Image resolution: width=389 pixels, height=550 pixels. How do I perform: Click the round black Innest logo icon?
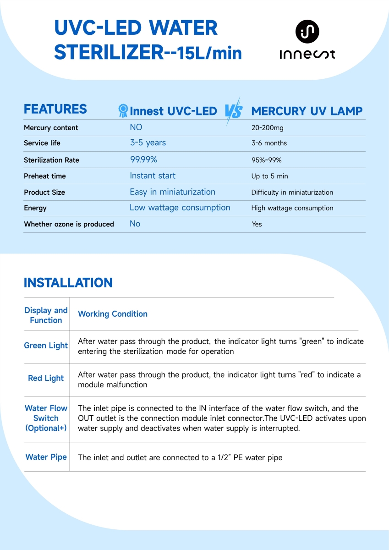pyautogui.click(x=307, y=32)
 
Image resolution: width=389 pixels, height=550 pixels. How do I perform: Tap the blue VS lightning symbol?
pyautogui.click(x=233, y=111)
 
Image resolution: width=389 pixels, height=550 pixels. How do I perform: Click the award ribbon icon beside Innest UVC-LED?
pyautogui.click(x=123, y=110)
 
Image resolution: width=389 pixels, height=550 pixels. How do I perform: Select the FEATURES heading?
pyautogui.click(x=55, y=109)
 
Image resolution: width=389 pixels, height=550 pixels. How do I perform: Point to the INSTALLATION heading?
pyautogui.click(x=68, y=282)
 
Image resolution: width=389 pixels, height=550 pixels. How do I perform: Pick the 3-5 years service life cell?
pyautogui.click(x=148, y=143)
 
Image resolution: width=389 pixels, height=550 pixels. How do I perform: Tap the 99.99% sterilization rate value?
pyautogui.click(x=143, y=159)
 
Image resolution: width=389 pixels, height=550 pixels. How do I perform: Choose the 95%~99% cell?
pyautogui.click(x=266, y=160)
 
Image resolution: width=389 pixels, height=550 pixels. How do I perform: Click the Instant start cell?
pyautogui.click(x=152, y=176)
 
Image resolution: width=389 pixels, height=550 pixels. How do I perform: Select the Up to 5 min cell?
pyautogui.click(x=269, y=176)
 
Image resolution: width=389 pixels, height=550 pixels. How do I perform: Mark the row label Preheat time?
pyautogui.click(x=44, y=176)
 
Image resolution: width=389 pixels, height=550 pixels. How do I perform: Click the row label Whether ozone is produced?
pyautogui.click(x=69, y=224)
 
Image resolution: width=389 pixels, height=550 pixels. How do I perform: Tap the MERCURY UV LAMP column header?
pyautogui.click(x=307, y=111)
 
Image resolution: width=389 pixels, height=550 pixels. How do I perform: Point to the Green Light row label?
pyautogui.click(x=46, y=346)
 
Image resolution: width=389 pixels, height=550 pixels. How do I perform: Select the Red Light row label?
pyautogui.click(x=46, y=378)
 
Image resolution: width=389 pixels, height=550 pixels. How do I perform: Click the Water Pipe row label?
pyautogui.click(x=46, y=457)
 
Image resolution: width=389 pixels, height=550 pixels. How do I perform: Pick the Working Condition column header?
pyautogui.click(x=113, y=314)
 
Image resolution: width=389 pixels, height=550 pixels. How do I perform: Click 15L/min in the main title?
pyautogui.click(x=209, y=53)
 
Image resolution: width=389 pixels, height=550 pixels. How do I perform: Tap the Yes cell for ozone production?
pyautogui.click(x=257, y=224)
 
